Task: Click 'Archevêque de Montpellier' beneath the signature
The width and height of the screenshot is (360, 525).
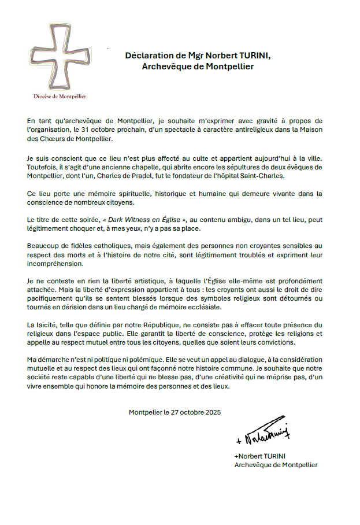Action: (x=276, y=465)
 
